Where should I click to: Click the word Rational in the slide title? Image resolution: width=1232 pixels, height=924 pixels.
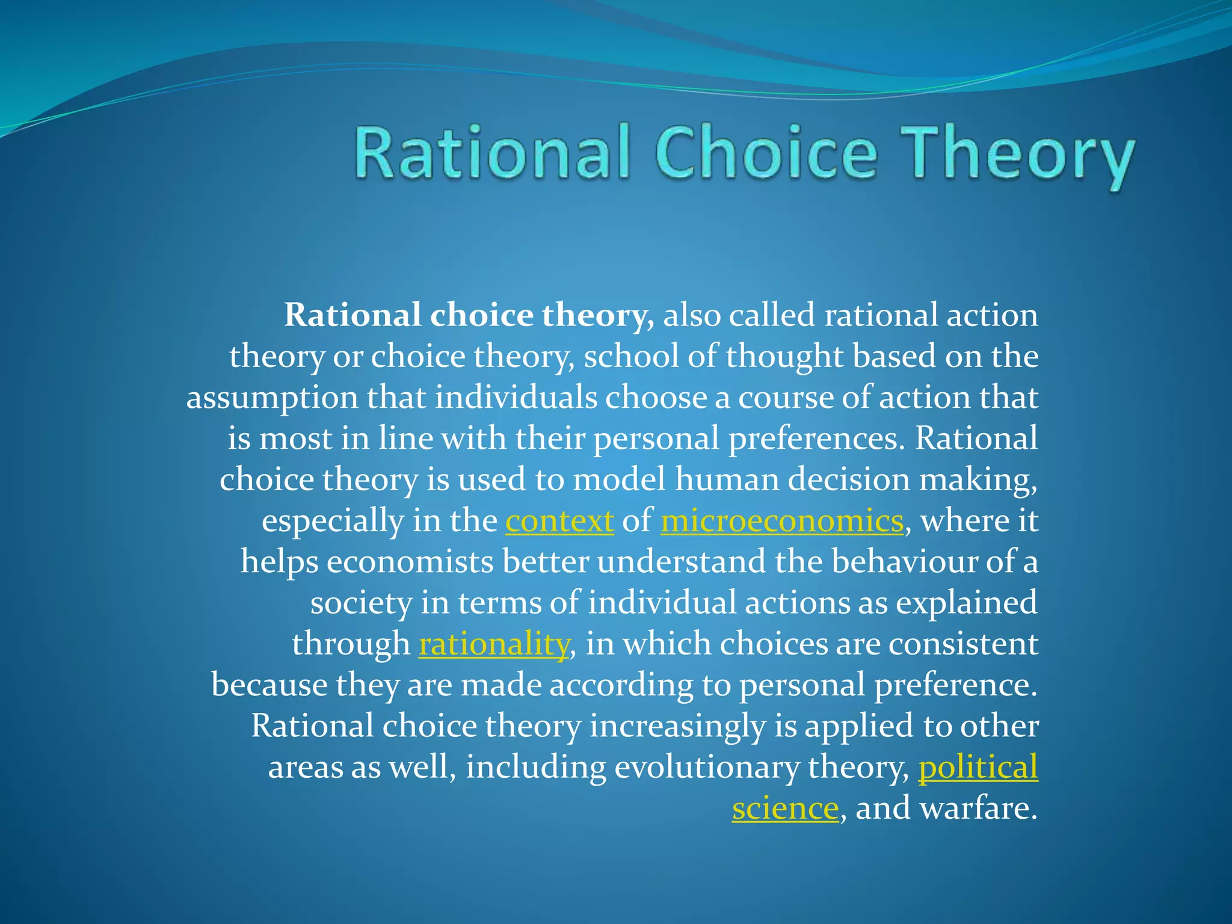click(x=492, y=153)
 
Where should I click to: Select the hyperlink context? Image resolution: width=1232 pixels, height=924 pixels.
click(x=559, y=521)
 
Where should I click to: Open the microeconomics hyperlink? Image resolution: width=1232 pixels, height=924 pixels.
click(x=781, y=521)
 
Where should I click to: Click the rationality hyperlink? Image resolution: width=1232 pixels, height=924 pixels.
click(x=493, y=644)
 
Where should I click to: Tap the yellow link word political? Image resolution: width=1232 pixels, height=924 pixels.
click(x=978, y=768)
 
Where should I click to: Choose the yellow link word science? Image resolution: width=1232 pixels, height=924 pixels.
click(x=784, y=808)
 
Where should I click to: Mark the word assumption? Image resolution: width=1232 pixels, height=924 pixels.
click(x=272, y=398)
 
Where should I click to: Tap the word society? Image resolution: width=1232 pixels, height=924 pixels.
click(x=360, y=603)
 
